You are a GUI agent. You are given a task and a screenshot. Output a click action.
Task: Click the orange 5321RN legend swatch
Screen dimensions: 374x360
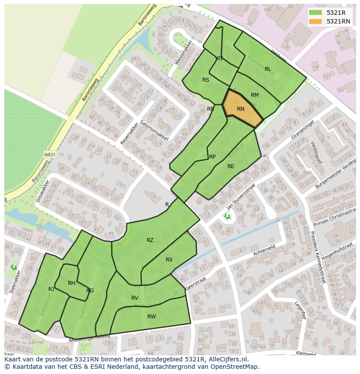[x=316, y=21]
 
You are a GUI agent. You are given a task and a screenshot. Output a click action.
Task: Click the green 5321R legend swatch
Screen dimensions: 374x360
[x=316, y=13]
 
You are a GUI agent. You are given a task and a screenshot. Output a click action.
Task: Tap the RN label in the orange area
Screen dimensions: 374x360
[x=240, y=109]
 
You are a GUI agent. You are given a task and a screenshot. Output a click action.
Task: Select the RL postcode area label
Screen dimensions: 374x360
[x=268, y=69]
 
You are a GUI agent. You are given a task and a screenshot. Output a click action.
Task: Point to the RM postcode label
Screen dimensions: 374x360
[x=255, y=95]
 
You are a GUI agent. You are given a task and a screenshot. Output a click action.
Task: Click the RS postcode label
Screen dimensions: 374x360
[x=206, y=80]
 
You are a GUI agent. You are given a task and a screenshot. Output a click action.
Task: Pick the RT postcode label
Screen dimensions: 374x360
[x=220, y=59]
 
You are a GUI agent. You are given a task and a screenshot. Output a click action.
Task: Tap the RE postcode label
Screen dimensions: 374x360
[x=231, y=166]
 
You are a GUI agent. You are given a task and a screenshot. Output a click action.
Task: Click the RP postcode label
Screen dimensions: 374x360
[x=213, y=157]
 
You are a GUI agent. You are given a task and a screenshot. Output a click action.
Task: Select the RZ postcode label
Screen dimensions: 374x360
[x=150, y=240]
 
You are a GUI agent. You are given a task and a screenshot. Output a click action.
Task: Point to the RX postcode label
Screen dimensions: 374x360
[x=169, y=260]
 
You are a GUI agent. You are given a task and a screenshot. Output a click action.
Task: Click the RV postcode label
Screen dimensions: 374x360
[x=135, y=298]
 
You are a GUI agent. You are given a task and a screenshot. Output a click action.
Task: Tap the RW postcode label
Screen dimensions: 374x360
[x=151, y=317]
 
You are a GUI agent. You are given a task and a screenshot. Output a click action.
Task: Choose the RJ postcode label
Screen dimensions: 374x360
[x=51, y=289]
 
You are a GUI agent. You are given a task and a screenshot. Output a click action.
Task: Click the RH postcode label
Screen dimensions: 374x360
[x=72, y=283]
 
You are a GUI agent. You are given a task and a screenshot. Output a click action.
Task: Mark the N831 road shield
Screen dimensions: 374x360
[x=50, y=154]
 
